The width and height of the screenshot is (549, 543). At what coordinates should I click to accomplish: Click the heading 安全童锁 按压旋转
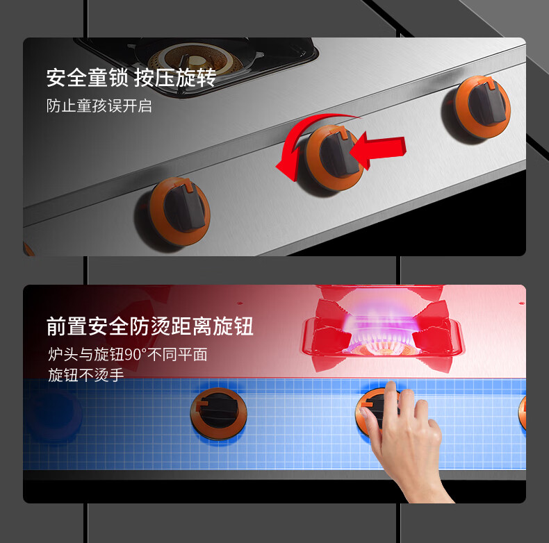coord(131,78)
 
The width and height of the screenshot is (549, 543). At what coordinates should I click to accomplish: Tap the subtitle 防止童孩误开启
coord(99,106)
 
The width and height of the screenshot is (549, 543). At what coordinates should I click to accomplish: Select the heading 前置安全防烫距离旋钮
coord(149,326)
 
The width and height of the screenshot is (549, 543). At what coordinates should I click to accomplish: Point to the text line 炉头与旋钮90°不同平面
coord(128,354)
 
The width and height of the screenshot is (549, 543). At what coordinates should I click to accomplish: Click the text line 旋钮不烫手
coord(85,375)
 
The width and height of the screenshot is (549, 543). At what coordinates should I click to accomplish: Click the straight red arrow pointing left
coord(378,150)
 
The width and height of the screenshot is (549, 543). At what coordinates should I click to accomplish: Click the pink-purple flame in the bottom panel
coord(381,326)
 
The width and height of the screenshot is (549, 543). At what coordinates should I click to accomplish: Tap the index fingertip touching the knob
coord(364,414)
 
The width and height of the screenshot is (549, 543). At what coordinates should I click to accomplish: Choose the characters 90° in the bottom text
coord(133,355)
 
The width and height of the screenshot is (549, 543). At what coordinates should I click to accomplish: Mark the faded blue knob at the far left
coord(54,416)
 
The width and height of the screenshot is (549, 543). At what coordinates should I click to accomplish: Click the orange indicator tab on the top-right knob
coord(491,83)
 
